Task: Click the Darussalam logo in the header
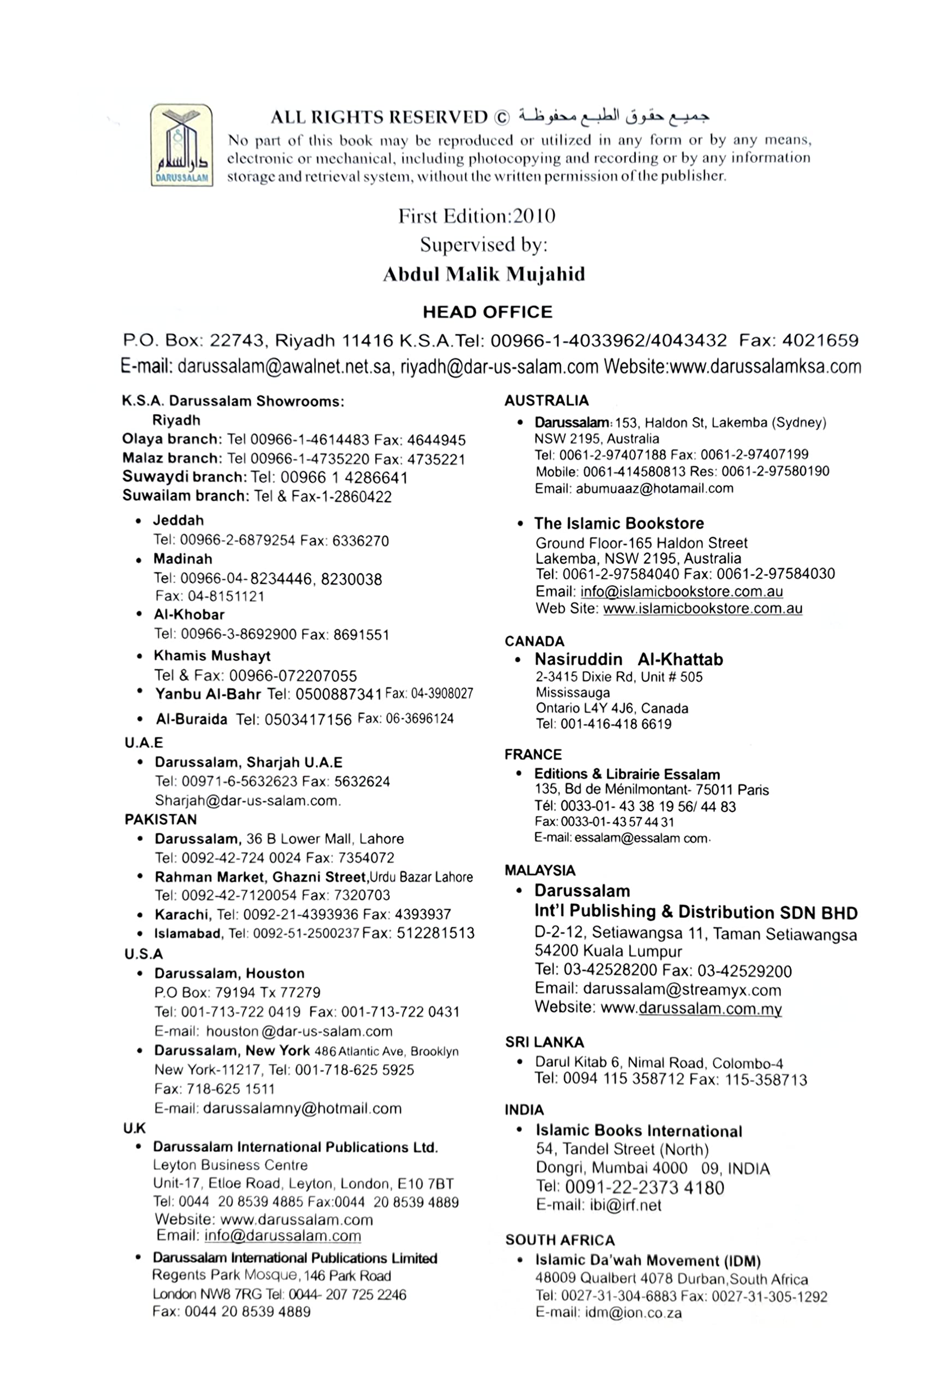point(181,145)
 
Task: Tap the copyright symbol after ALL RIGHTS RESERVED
point(501,117)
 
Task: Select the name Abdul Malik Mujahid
point(484,274)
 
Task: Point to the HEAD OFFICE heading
point(487,312)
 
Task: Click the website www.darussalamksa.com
point(765,366)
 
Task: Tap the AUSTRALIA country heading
point(546,401)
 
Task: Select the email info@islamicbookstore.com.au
point(682,591)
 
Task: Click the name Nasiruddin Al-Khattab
point(629,659)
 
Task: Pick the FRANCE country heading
point(533,754)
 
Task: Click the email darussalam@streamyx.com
point(682,990)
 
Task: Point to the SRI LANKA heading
point(544,1042)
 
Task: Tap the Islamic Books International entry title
point(639,1131)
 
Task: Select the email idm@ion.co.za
point(634,1313)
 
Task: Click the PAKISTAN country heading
point(161,819)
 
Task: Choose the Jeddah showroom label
point(178,520)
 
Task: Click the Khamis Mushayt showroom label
point(212,656)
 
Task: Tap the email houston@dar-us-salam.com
point(299,1031)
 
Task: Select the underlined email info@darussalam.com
point(283,1236)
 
